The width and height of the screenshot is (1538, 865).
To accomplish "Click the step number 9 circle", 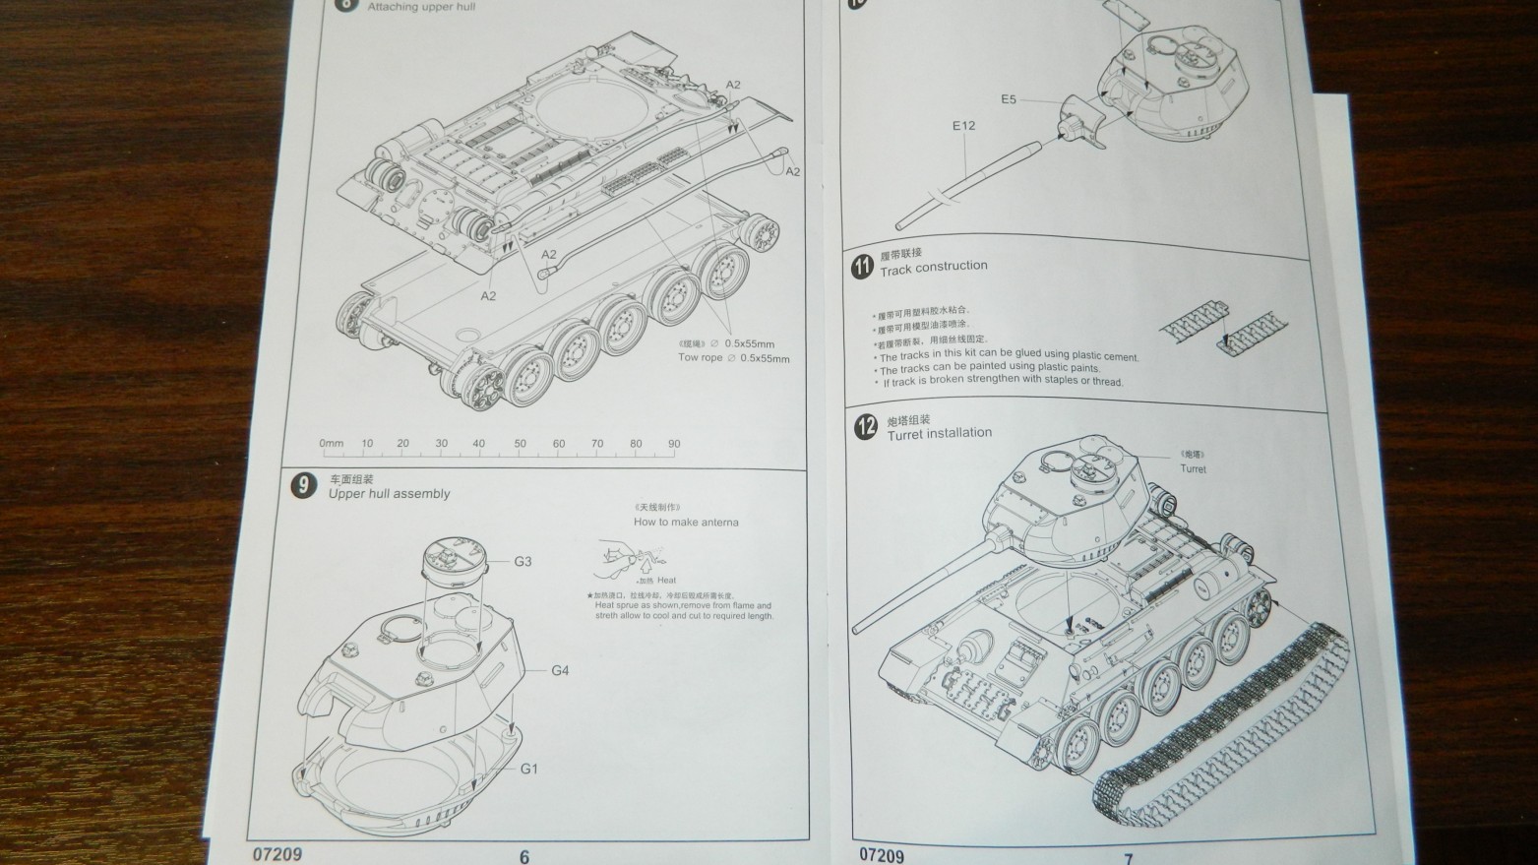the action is pyautogui.click(x=305, y=485).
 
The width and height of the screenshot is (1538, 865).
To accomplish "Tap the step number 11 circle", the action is pyautogui.click(x=862, y=266).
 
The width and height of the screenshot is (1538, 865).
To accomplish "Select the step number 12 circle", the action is pyautogui.click(x=865, y=428).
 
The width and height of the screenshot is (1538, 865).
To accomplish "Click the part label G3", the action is pyautogui.click(x=523, y=562).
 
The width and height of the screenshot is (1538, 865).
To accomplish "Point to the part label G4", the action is pyautogui.click(x=560, y=671).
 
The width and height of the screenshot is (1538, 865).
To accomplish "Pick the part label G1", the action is pyautogui.click(x=529, y=769).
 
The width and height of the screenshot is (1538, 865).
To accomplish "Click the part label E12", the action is pyautogui.click(x=963, y=126).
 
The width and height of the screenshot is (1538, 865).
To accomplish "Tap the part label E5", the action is pyautogui.click(x=1009, y=99).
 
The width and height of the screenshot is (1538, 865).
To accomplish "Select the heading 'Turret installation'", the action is pyautogui.click(x=939, y=434).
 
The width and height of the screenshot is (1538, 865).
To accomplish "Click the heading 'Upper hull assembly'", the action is pyautogui.click(x=389, y=494).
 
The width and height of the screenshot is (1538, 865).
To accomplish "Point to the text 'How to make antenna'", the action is pyautogui.click(x=685, y=523).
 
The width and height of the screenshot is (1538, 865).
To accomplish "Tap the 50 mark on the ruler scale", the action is pyautogui.click(x=520, y=444).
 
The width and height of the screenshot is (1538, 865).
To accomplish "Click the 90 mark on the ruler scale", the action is pyautogui.click(x=674, y=444).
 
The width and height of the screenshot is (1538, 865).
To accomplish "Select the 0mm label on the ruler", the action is pyautogui.click(x=332, y=444).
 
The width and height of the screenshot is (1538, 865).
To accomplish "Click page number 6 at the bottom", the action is pyautogui.click(x=524, y=856).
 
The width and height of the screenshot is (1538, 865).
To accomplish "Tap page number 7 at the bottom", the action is pyautogui.click(x=1129, y=858).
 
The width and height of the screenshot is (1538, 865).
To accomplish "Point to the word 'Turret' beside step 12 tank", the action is pyautogui.click(x=1193, y=469).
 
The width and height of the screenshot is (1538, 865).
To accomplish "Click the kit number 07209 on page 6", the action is pyautogui.click(x=277, y=853).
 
